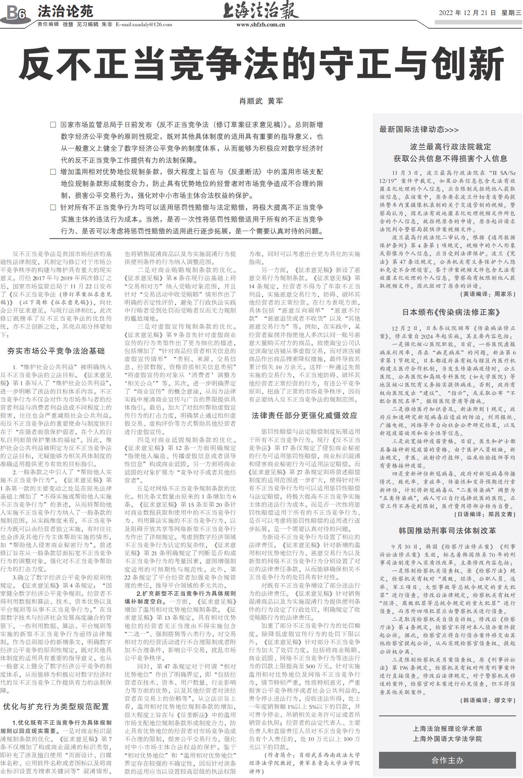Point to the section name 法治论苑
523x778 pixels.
[66, 12]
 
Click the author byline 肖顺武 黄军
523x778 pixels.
[261, 101]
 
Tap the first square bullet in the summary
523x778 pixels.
[53, 125]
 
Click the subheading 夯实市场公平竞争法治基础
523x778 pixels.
[56, 351]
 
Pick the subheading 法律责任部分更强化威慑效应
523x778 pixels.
[304, 415]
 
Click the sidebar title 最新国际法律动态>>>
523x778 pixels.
[419, 129]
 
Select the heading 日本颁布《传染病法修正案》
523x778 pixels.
[447, 312]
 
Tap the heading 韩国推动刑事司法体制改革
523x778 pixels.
[447, 531]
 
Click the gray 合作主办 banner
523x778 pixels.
[447, 760]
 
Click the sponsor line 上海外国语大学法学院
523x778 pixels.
[447, 739]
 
